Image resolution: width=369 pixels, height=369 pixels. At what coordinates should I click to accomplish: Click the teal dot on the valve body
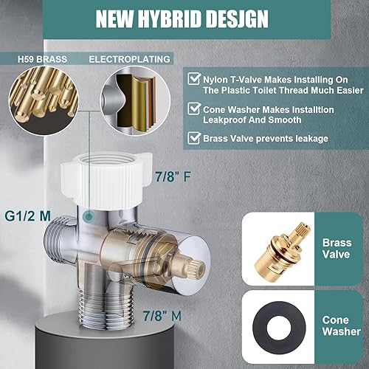tap(89, 217)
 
